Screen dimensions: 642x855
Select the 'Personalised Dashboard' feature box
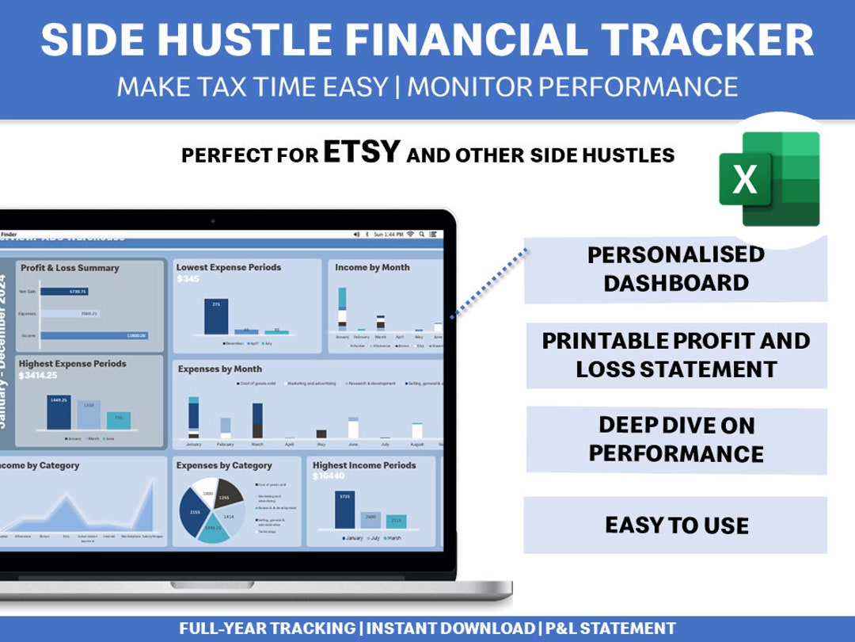[675, 269]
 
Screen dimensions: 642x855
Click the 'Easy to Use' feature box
[675, 525]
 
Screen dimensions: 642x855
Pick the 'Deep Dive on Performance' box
[675, 439]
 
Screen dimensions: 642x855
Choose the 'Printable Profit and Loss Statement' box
[675, 355]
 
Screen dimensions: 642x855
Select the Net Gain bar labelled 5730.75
[63, 292]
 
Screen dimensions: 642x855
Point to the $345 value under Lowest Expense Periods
[188, 280]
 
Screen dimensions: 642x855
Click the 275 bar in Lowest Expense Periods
[215, 317]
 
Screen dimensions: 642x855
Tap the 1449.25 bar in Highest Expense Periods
[59, 413]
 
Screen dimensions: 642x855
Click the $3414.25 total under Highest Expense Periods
[39, 375]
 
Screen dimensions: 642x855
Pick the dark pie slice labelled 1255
[229, 493]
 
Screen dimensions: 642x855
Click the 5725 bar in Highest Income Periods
[344, 510]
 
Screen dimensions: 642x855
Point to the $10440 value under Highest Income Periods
[330, 476]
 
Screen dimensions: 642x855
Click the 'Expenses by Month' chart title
[219, 369]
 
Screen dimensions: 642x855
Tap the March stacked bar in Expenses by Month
[257, 421]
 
